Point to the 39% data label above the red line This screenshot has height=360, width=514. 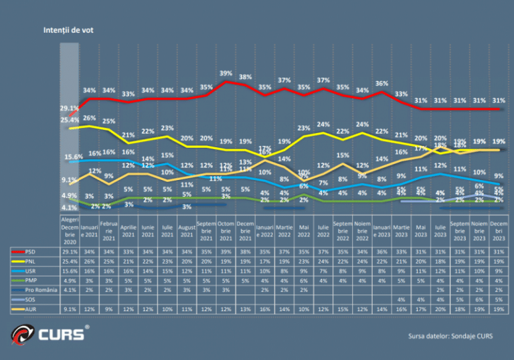click(226, 73)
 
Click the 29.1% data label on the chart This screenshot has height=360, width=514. click(69, 108)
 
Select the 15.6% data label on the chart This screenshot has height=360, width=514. click(73, 157)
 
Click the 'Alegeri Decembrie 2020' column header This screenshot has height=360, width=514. click(70, 232)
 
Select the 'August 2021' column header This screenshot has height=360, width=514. click(187, 232)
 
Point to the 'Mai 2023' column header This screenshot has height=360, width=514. click(420, 232)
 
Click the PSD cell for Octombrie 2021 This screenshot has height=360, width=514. click(226, 252)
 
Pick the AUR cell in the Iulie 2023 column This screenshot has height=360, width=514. click(440, 308)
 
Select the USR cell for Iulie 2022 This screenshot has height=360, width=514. click(323, 271)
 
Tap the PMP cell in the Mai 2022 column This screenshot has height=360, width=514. click(304, 280)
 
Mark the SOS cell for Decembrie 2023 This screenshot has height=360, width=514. click(499, 299)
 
